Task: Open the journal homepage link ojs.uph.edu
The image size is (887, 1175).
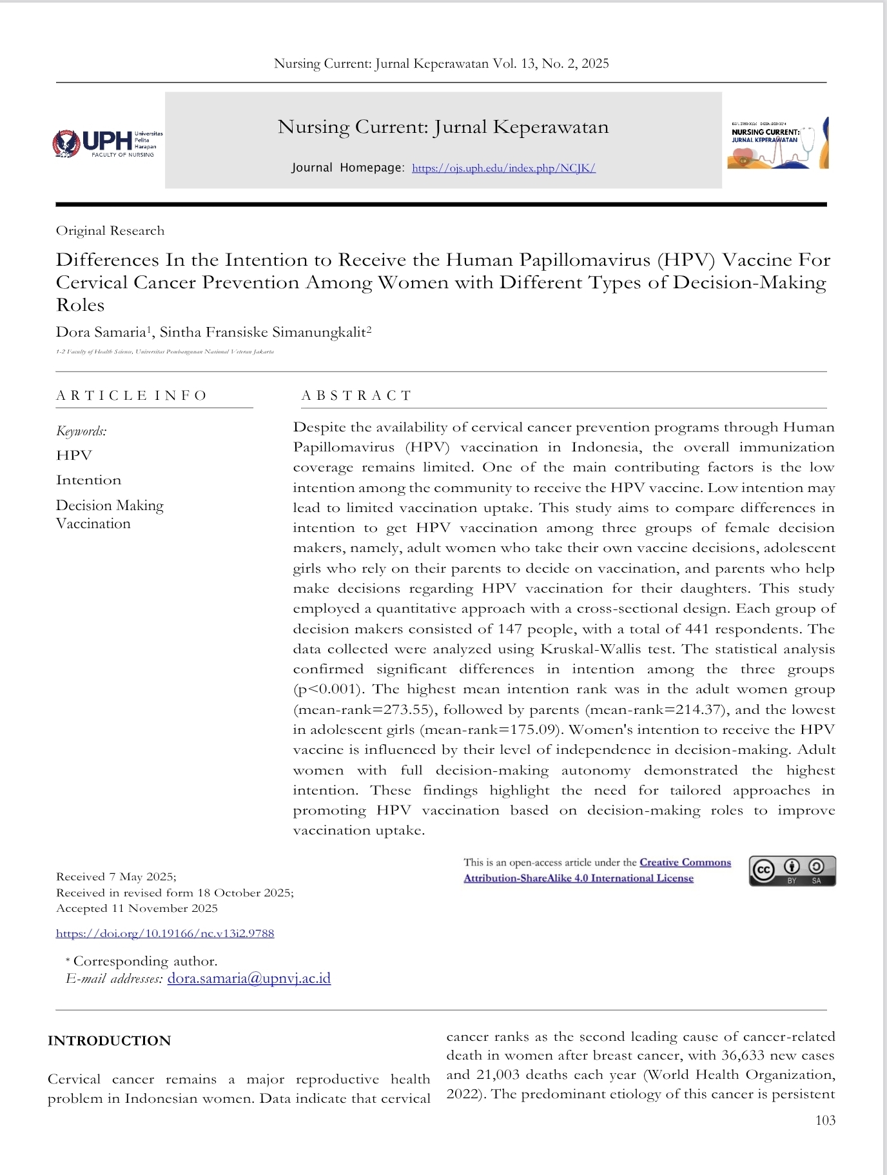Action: (x=503, y=168)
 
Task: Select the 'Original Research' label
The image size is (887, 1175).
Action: (x=110, y=231)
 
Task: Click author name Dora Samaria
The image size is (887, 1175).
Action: (x=101, y=332)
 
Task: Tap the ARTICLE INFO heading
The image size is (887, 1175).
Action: (x=132, y=395)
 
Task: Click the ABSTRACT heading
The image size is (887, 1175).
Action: (x=356, y=395)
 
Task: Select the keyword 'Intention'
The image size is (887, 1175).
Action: (x=89, y=480)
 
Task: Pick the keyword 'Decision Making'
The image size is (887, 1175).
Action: (x=110, y=505)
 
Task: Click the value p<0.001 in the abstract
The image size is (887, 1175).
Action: (x=327, y=689)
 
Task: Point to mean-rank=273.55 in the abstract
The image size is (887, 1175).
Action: (x=361, y=709)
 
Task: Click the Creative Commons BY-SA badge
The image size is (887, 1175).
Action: (x=792, y=871)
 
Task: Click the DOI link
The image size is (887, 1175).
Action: (x=165, y=933)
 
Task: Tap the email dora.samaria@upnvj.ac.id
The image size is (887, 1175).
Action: (x=249, y=978)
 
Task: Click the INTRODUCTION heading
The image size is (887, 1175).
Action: (x=110, y=1041)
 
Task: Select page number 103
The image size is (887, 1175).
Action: (x=825, y=1120)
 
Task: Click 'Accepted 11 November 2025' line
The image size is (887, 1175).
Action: (x=137, y=908)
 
